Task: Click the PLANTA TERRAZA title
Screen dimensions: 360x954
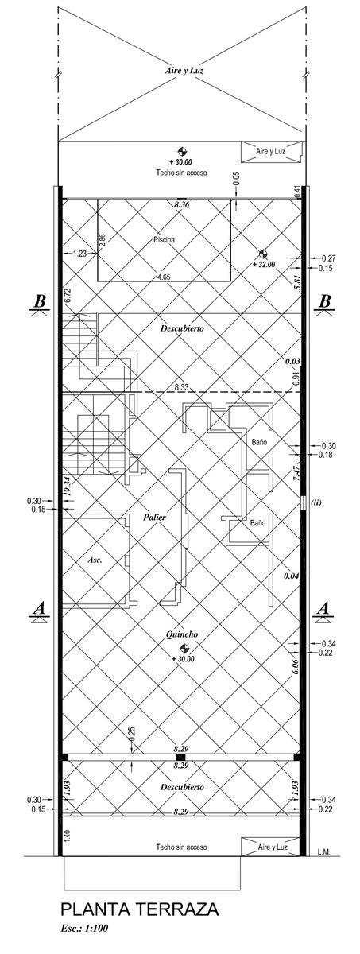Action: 140,921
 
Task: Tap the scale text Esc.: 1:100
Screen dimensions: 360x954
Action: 85,940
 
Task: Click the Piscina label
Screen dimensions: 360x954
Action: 164,240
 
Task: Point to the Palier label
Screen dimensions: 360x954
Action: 154,518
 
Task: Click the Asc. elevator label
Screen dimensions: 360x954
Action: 95,560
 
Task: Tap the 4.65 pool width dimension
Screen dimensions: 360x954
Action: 164,277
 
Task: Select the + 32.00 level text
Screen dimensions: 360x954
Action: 263,265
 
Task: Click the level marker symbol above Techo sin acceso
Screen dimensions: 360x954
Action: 182,152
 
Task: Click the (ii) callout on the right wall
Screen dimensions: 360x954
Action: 315,502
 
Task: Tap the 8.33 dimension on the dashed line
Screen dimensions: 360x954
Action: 182,388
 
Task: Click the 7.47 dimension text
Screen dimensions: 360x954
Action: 296,474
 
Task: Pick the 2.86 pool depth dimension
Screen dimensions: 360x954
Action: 103,240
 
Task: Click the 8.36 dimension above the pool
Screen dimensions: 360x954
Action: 182,204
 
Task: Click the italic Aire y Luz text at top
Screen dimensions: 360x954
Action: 184,71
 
